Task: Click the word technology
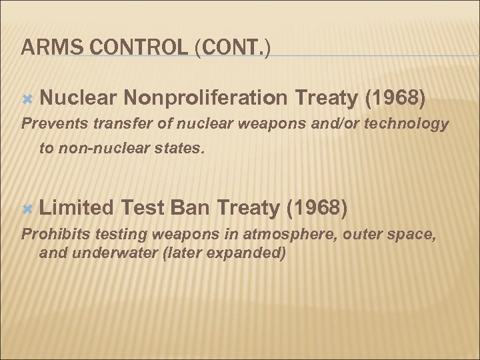pos(412,124)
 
